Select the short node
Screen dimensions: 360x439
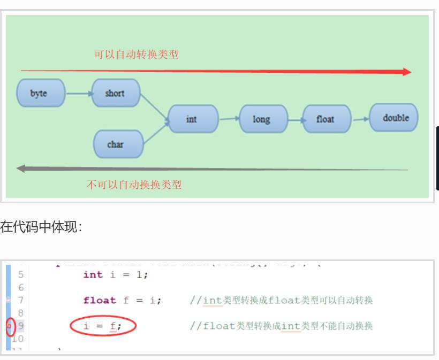(x=116, y=93)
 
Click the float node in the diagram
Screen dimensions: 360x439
(x=327, y=119)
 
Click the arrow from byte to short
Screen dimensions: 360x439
(x=79, y=94)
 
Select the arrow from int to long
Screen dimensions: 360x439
(x=229, y=119)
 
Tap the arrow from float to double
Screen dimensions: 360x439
(x=360, y=119)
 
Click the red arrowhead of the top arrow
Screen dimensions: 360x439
(x=406, y=72)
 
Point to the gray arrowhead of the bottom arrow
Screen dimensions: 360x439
(x=21, y=168)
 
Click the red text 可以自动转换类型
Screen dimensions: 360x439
(x=136, y=54)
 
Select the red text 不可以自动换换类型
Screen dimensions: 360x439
(x=134, y=185)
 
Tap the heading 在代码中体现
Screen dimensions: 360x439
(x=41, y=227)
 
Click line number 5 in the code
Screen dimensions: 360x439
(x=20, y=274)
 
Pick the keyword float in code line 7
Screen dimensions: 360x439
(x=100, y=300)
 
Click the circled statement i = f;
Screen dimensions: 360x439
(x=103, y=326)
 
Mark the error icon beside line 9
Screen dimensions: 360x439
(x=9, y=326)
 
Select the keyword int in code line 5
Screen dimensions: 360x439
(x=93, y=274)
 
